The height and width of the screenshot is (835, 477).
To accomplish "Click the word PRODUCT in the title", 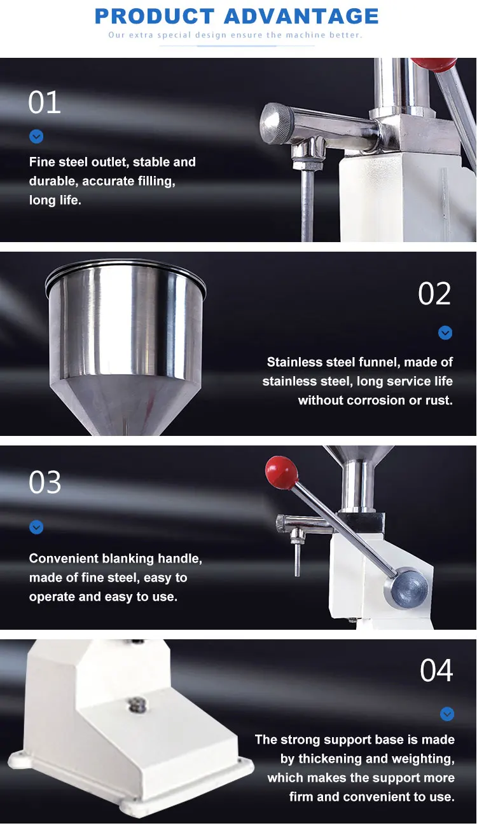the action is pyautogui.click(x=155, y=16).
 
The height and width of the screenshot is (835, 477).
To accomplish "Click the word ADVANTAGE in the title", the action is pyautogui.click(x=301, y=16).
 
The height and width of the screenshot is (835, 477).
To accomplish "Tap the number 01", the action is pyautogui.click(x=45, y=102).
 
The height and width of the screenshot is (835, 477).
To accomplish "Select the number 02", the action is pyautogui.click(x=434, y=294).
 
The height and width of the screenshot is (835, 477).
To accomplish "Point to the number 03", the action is pyautogui.click(x=45, y=482).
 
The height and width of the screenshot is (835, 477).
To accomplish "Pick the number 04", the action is pyautogui.click(x=436, y=670).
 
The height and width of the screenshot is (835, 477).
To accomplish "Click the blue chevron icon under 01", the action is pyautogui.click(x=36, y=137).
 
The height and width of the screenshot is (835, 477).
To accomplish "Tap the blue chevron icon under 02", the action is pyautogui.click(x=445, y=332).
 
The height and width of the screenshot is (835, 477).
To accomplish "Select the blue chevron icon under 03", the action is pyautogui.click(x=36, y=527).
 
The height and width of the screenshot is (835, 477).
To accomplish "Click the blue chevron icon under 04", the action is pyautogui.click(x=447, y=714).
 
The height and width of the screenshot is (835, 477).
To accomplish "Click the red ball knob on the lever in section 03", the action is pyautogui.click(x=282, y=472).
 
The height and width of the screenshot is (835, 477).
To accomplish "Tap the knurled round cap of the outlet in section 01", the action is pyautogui.click(x=277, y=123).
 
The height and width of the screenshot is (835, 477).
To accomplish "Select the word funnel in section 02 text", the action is pyautogui.click(x=379, y=362).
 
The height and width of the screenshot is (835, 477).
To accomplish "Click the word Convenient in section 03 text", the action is pyautogui.click(x=64, y=559).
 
